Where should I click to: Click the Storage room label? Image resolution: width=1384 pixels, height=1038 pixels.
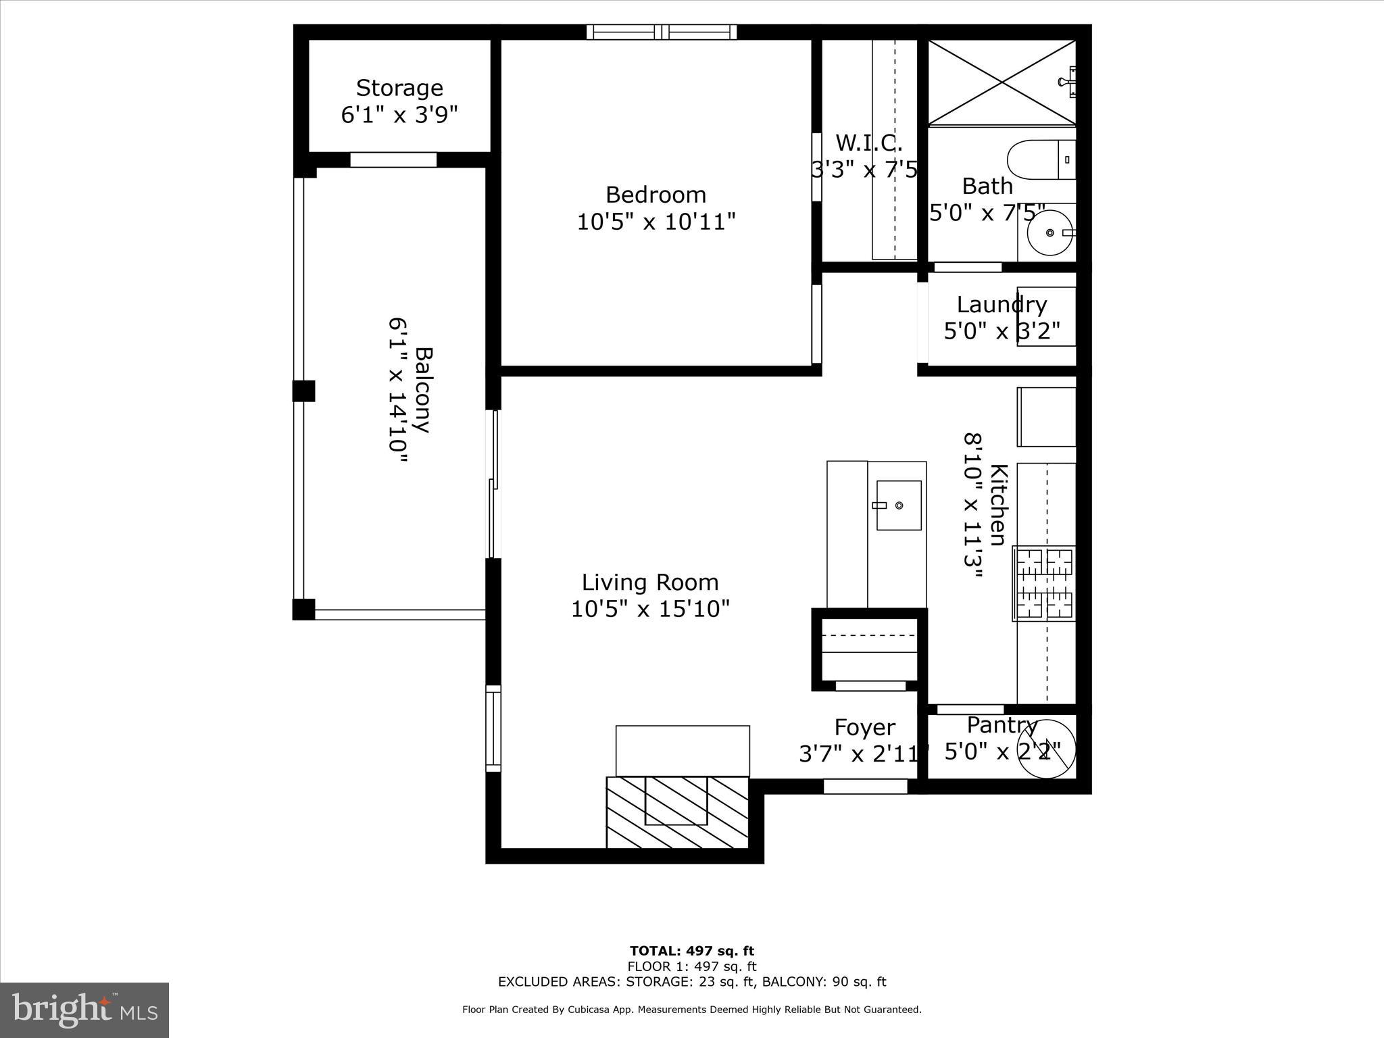tap(399, 89)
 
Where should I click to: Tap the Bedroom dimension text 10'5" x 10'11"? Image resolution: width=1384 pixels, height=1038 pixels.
tap(656, 222)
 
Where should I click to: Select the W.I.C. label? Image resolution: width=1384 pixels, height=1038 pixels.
tap(868, 143)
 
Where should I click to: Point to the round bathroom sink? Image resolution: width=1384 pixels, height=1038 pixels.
tap(1049, 232)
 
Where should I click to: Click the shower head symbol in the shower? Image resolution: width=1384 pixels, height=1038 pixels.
tap(1069, 82)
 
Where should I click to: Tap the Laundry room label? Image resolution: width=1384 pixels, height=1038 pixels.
tap(1002, 305)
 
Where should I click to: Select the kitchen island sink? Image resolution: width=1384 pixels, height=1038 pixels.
tap(898, 505)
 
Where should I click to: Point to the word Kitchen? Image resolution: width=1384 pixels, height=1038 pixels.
tap(998, 504)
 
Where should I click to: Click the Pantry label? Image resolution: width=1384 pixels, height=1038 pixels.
tap(1002, 725)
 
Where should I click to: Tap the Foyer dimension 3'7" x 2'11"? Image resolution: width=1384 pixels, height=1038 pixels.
tap(864, 753)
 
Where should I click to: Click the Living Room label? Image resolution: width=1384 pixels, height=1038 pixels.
tap(650, 583)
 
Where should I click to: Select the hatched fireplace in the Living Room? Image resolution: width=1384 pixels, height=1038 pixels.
tap(677, 812)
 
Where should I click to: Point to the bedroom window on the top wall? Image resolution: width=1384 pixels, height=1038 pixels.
tap(661, 32)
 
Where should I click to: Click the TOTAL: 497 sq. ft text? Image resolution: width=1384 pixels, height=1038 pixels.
tap(691, 951)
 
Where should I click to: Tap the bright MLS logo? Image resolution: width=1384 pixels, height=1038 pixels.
tap(84, 1010)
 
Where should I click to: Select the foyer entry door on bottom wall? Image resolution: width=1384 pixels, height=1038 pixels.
tap(865, 787)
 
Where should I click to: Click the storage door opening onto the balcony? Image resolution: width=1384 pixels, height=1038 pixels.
tap(393, 160)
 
